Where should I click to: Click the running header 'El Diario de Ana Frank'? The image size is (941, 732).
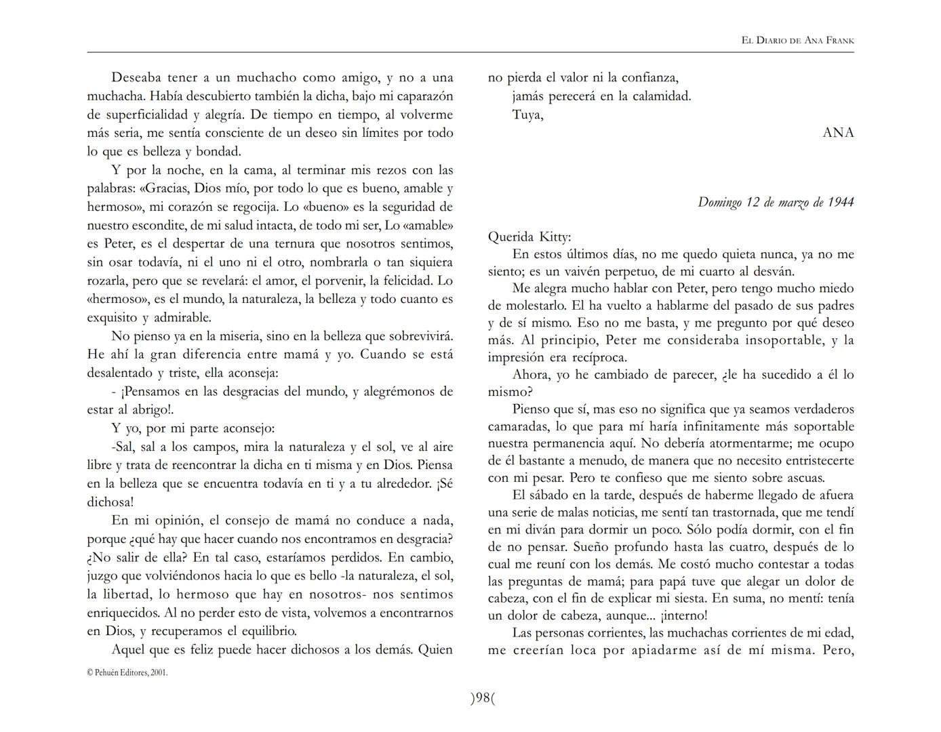point(797,41)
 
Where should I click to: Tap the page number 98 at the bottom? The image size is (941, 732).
point(483,698)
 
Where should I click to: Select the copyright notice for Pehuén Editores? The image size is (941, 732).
point(127,673)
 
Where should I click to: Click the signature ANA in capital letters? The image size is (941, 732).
point(838,133)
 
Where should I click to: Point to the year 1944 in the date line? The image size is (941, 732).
point(841,202)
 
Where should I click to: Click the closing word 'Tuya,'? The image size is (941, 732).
point(528,115)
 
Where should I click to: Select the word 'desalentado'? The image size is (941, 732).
point(119,373)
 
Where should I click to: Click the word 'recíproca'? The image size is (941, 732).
point(597,357)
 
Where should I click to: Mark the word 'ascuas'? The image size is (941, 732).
point(803,477)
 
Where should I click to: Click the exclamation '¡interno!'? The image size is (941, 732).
point(683,615)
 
